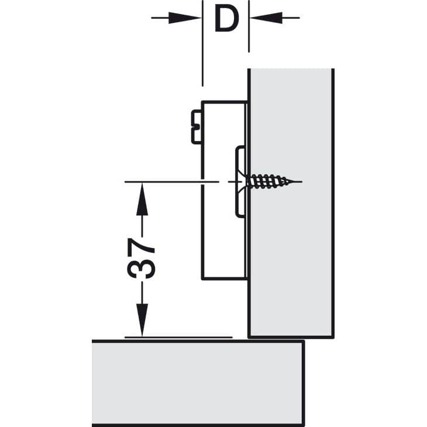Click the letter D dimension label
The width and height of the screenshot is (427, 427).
(x=226, y=19)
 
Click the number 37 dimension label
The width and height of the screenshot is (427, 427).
(x=141, y=258)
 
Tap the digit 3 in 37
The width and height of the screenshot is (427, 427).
(x=141, y=269)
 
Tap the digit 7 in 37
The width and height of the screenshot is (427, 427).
(x=142, y=247)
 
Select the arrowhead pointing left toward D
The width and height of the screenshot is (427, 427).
(x=266, y=18)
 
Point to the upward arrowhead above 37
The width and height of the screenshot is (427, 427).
(x=142, y=199)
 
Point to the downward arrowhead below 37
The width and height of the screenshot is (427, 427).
(x=142, y=321)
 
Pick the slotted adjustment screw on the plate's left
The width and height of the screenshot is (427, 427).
(x=197, y=127)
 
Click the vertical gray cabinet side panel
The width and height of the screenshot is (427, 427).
(x=291, y=203)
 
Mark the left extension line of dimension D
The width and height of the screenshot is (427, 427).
(x=202, y=43)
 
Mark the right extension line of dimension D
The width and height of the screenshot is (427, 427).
(x=249, y=26)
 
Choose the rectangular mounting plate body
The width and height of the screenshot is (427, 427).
(x=225, y=190)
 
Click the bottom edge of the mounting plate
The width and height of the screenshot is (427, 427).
(x=225, y=278)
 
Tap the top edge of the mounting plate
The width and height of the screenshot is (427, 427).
(x=225, y=102)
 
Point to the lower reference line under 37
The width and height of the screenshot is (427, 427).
(x=178, y=338)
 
